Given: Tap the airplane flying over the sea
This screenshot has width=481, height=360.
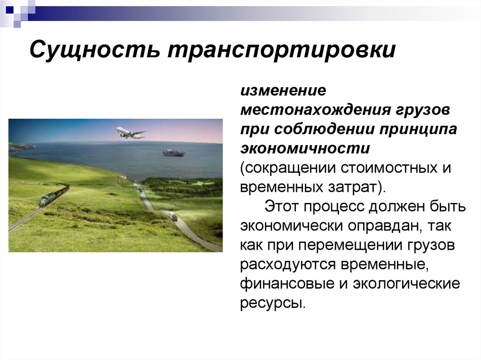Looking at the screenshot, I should tap(130, 133).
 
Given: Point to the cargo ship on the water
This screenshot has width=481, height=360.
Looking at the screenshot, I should tap(173, 152).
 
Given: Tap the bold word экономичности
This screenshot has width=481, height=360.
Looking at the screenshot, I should tap(306, 148).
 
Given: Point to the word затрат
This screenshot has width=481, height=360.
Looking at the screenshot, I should tap(356, 187).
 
